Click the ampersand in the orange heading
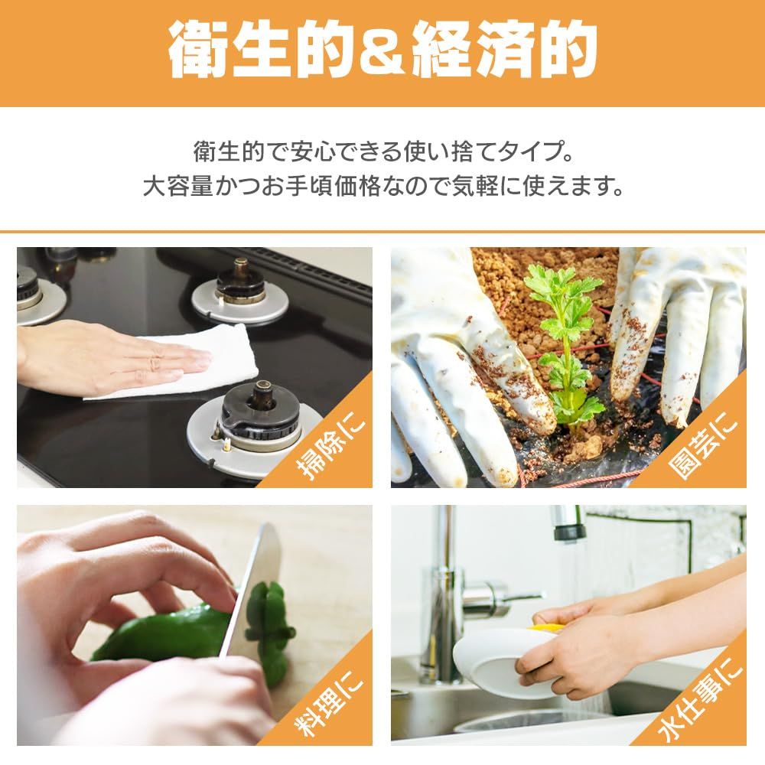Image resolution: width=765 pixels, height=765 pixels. pyautogui.click(x=382, y=52)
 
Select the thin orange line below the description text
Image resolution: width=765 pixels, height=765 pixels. pyautogui.click(x=382, y=231)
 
